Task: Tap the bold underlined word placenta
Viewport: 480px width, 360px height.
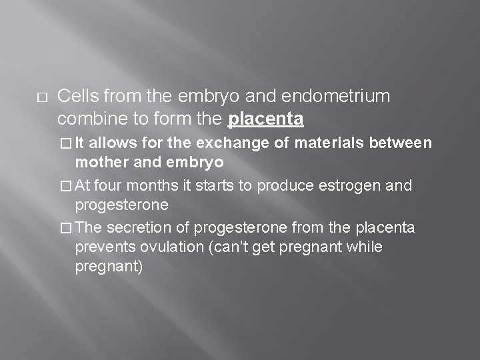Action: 266,120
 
